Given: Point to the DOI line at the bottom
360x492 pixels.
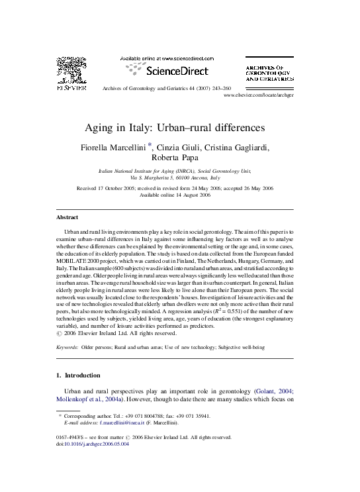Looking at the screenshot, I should point(93,444).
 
